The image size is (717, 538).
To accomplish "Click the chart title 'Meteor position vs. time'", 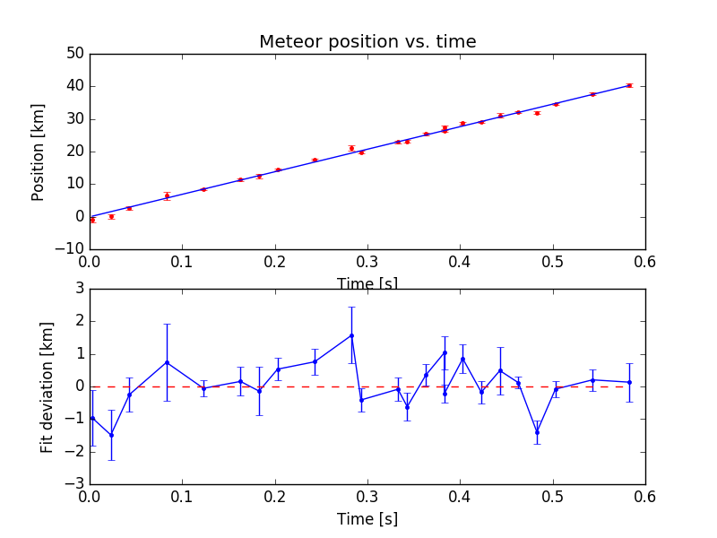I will point(367,42).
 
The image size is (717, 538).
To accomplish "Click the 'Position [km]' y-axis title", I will point(39,152).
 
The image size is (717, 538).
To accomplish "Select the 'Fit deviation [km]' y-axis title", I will point(48,386).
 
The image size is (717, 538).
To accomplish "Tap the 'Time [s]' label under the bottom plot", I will point(367,519).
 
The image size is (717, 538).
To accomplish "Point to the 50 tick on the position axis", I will point(73,54).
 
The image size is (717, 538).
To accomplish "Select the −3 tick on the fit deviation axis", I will point(75,484).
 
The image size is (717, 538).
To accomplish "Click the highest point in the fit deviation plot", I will point(351,335).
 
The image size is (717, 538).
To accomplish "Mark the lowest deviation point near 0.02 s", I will point(111,435).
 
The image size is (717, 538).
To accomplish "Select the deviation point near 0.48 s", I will point(537,432).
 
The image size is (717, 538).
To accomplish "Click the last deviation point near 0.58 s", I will point(629,382).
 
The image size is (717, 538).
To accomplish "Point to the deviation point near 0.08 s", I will point(167,362).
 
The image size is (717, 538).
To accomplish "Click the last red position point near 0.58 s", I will point(629,85).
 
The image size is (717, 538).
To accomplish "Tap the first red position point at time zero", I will point(92,220).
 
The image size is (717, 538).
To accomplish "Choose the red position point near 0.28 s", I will point(351,148).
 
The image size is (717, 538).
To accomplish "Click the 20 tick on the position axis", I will point(73,152).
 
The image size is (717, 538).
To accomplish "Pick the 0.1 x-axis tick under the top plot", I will point(182,264).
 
